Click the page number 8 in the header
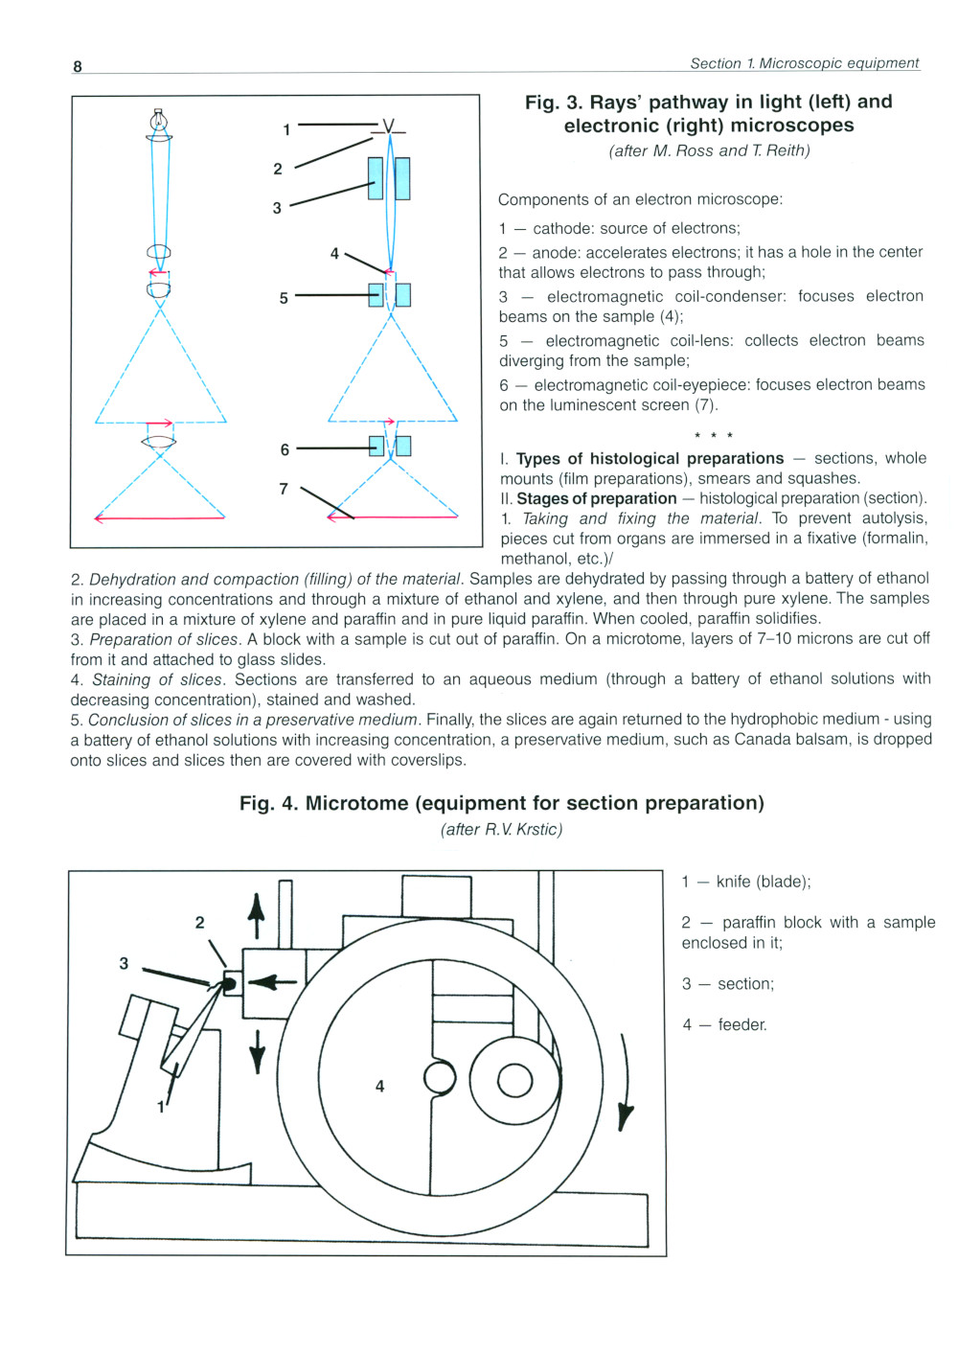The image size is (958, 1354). click(x=78, y=66)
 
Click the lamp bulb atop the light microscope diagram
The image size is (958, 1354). click(x=159, y=121)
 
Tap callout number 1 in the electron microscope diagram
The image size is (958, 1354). click(x=286, y=129)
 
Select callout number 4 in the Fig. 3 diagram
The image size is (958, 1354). click(x=334, y=254)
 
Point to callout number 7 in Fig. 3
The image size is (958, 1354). click(x=284, y=489)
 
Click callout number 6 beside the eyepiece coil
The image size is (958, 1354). click(x=285, y=449)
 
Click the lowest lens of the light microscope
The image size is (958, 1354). click(x=159, y=442)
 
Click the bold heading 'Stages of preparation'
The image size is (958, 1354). click(x=596, y=498)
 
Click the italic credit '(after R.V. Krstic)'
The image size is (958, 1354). click(x=501, y=829)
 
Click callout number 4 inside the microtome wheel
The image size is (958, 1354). click(x=380, y=1087)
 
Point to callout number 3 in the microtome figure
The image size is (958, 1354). click(x=124, y=963)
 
